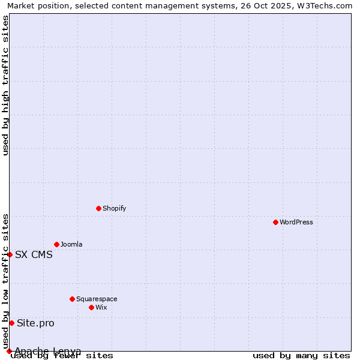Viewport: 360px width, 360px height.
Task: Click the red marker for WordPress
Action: pos(275,222)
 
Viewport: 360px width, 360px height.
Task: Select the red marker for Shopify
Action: pos(98,208)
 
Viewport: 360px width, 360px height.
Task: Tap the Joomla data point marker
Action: pos(56,244)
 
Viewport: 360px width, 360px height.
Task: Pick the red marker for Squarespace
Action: pos(72,299)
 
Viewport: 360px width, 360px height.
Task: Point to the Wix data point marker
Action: pos(91,307)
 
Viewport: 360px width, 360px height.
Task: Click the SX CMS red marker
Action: pos(10,254)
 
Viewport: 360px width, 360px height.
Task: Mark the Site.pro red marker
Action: pos(11,323)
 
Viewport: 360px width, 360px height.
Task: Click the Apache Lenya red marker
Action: pos(9,351)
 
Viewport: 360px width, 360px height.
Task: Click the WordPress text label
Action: pos(296,222)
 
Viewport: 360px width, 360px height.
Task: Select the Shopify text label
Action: pos(114,208)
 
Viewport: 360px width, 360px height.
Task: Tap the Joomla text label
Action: pos(71,244)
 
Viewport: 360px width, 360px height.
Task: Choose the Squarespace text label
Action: pos(97,299)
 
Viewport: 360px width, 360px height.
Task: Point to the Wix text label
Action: pos(101,307)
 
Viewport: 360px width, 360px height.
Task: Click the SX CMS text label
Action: pos(34,254)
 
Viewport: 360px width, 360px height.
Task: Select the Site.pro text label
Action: pos(35,323)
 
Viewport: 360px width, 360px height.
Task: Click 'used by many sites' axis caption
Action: pos(301,355)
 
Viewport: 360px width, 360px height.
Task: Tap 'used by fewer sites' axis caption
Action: pos(62,355)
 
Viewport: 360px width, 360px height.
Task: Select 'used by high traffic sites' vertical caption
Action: pos(5,85)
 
